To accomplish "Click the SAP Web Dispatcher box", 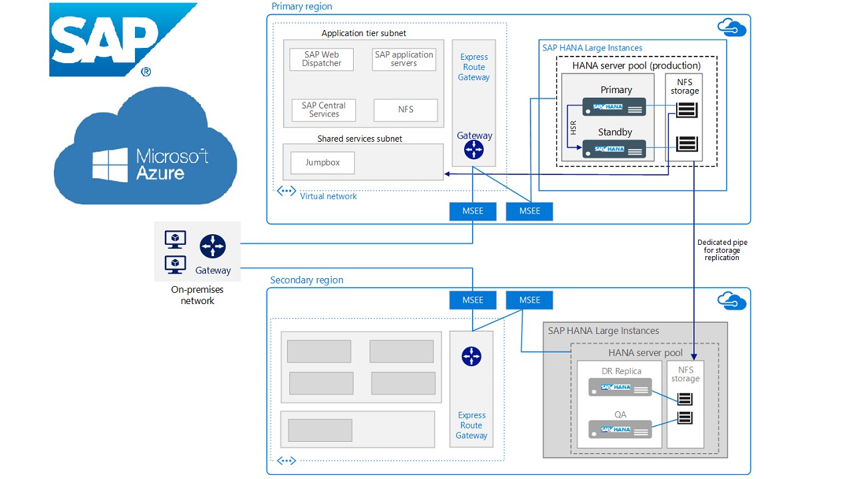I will pos(322,59).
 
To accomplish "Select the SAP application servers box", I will pos(404,59).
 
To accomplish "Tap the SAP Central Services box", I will pos(324,110).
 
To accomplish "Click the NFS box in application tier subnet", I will pos(406,110).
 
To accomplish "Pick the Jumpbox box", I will pos(322,163).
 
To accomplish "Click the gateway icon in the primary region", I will pos(474,151).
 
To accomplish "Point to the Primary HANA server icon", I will pos(614,107).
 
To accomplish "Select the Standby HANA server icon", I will pos(614,149).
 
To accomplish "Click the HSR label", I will pos(573,127).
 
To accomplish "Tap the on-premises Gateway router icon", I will pos(213,247).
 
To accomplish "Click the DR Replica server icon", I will pos(620,387).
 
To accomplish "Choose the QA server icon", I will pos(620,430).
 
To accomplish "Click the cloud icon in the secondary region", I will pos(731,301).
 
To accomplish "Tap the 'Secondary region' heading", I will pos(306,280).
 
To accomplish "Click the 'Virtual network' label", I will pos(328,196).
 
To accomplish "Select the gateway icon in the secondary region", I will pos(471,357).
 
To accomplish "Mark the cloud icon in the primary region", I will pos(731,28).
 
